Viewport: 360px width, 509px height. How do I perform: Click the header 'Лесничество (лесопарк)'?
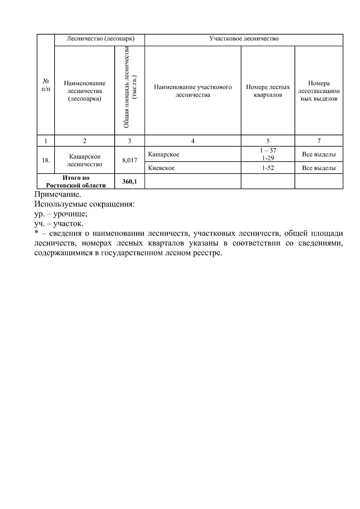100,39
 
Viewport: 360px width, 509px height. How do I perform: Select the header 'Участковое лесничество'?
244,39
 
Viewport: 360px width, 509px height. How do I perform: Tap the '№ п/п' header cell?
46,85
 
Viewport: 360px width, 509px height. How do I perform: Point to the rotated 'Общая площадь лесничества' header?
129,87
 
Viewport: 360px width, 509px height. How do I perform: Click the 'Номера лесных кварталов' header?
268,91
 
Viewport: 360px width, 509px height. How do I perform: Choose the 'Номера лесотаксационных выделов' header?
319,91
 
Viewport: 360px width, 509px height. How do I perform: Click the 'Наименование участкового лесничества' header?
193,91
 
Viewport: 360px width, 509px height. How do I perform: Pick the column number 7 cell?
319,141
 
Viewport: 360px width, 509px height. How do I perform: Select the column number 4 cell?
193,141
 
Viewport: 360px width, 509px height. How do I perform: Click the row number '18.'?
46,160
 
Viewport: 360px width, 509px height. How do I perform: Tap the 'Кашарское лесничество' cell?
85,160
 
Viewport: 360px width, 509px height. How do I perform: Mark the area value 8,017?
130,160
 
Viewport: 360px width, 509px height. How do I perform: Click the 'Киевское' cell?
161,168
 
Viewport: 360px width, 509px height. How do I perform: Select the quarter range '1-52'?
268,168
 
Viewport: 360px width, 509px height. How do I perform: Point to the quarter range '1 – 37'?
268,150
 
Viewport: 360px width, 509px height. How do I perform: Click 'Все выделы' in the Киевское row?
319,168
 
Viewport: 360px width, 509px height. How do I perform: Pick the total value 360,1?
130,181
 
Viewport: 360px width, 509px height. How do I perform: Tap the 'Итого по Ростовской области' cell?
76,182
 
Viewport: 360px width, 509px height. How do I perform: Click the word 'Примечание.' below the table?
58,194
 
